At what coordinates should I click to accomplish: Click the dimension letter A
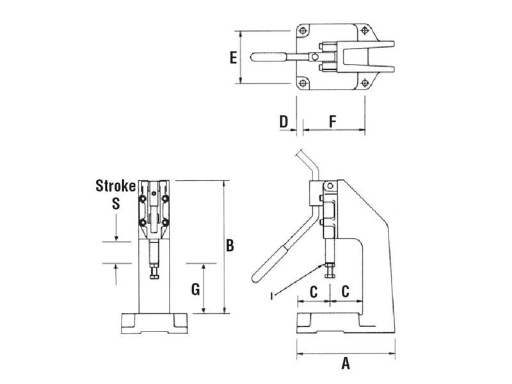(346, 365)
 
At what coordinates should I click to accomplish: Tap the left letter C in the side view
(314, 291)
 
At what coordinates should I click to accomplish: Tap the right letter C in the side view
(344, 291)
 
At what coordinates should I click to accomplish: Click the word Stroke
(115, 186)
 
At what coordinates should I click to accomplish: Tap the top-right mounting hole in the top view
(364, 30)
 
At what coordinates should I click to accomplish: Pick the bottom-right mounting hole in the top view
(364, 83)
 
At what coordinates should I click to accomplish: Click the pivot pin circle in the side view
(330, 186)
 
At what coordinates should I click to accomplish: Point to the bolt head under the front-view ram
(154, 276)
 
